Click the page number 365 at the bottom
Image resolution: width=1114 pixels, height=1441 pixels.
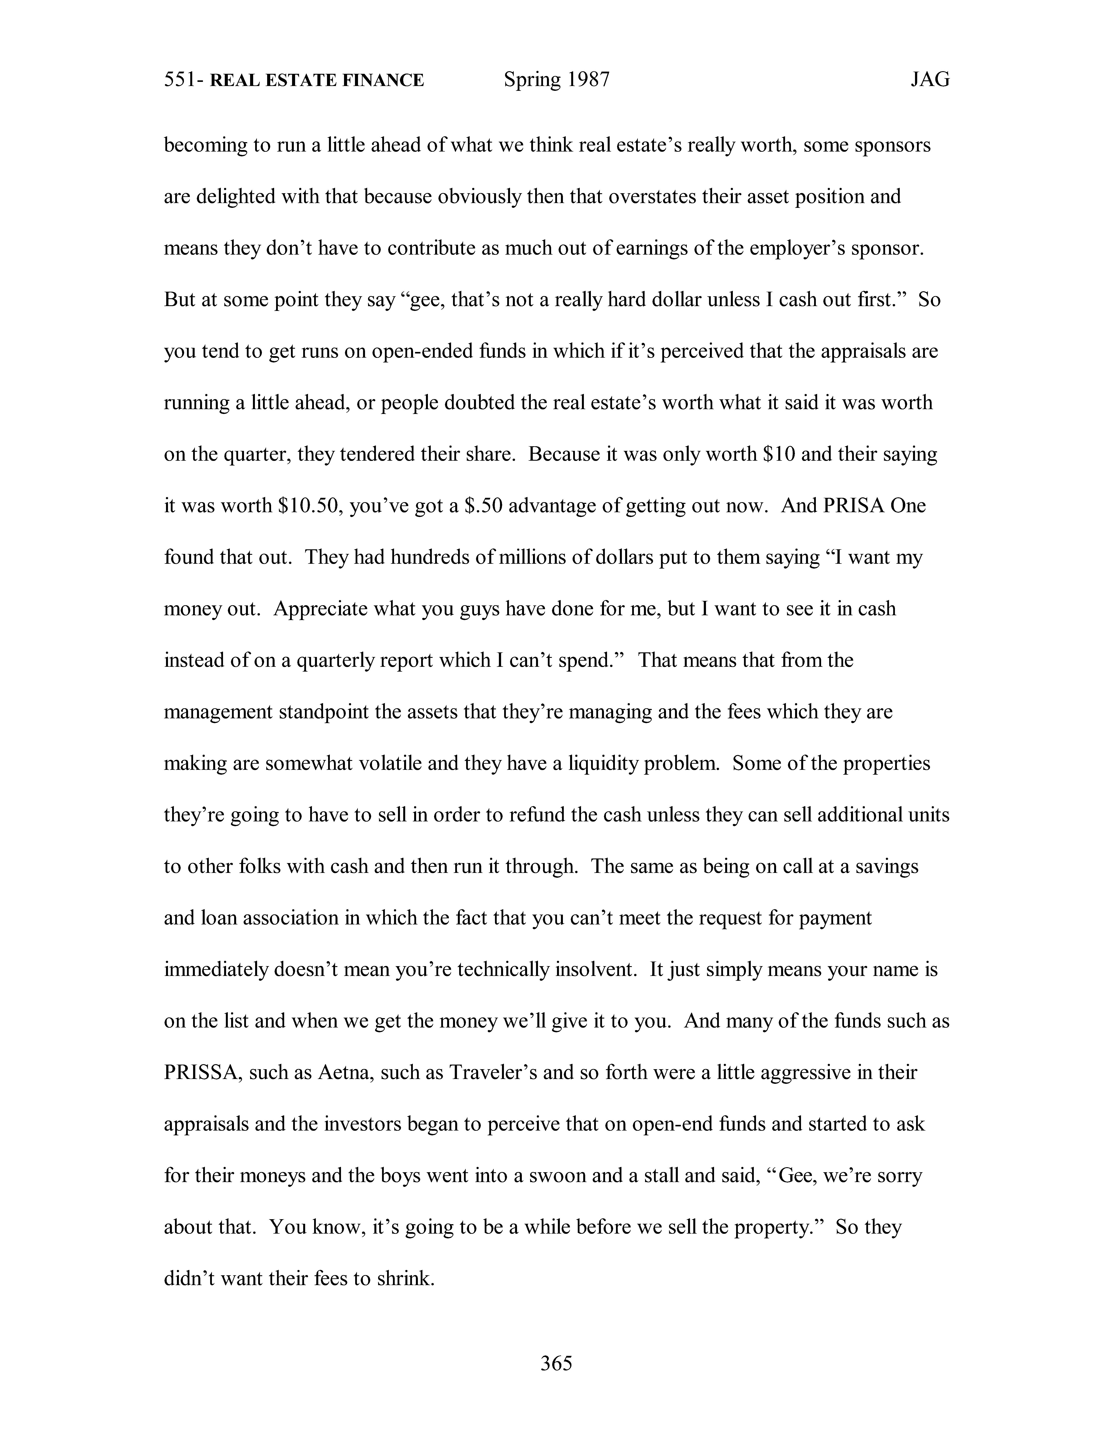[x=556, y=1363]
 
